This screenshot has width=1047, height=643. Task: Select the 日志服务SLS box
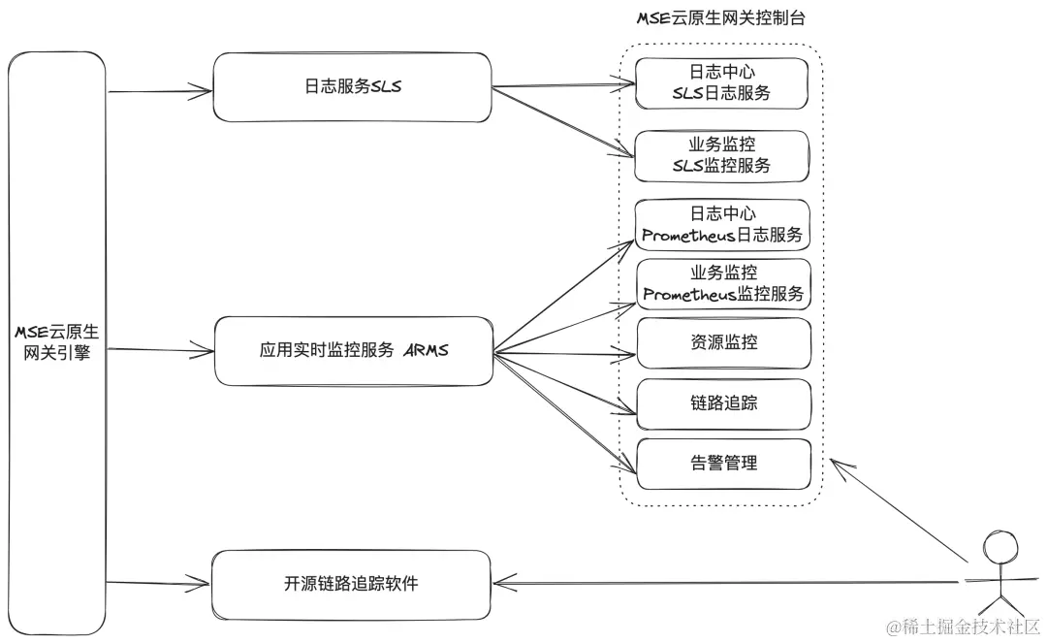[x=351, y=87]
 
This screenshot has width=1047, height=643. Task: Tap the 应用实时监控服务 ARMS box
[x=351, y=350]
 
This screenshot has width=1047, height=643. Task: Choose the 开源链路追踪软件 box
[x=351, y=585]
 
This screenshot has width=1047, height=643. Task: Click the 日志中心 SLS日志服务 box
[x=721, y=83]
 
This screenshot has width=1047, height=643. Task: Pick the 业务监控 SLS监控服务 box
[x=721, y=156]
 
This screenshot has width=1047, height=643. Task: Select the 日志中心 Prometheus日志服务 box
[x=721, y=225]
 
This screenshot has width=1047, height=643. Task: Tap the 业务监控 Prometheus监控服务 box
[x=721, y=284]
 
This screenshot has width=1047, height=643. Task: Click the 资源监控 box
[x=721, y=342]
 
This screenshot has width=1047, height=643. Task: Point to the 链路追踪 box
[x=721, y=402]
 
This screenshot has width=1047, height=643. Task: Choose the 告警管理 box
[x=721, y=463]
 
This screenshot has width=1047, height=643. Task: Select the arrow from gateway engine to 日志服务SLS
[x=160, y=92]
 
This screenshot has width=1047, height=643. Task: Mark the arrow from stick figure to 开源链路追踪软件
[x=727, y=583]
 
